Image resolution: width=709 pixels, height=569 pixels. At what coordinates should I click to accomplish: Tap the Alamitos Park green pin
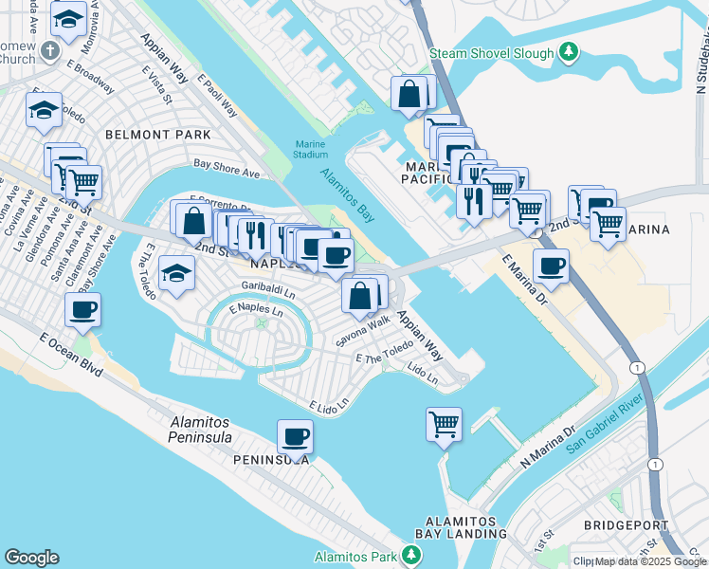pyautogui.click(x=410, y=555)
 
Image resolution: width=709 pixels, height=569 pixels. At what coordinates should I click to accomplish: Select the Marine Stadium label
pyautogui.click(x=310, y=149)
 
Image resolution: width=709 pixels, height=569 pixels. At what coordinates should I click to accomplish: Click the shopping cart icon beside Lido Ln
pyautogui.click(x=444, y=424)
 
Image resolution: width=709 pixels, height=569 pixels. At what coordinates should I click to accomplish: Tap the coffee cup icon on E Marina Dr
pyautogui.click(x=551, y=266)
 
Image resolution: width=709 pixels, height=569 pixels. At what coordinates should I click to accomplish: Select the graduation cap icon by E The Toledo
pyautogui.click(x=177, y=274)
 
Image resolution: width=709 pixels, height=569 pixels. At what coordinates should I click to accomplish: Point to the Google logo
pyautogui.click(x=31, y=558)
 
